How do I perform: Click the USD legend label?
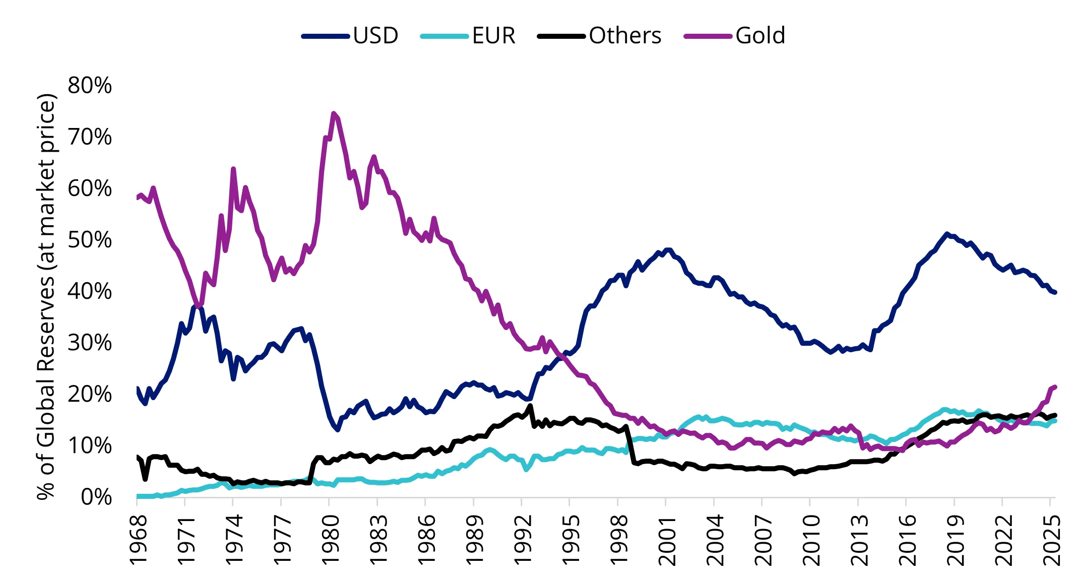click(x=375, y=36)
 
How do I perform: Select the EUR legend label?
click(x=494, y=36)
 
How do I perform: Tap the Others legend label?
click(x=625, y=36)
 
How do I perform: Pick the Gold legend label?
click(x=760, y=36)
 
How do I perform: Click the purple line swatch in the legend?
click(x=708, y=36)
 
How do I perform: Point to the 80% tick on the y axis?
click(x=90, y=86)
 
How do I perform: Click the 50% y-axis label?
click(x=90, y=240)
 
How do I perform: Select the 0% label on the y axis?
click(x=96, y=497)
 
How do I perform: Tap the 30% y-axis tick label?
click(x=90, y=343)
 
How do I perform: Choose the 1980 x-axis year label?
click(x=330, y=539)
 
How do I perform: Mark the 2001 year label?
click(x=666, y=539)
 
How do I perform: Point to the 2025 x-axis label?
click(x=1051, y=539)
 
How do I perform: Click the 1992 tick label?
click(x=522, y=539)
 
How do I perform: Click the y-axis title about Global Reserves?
click(x=46, y=296)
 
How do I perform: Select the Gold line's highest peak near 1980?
click(x=333, y=113)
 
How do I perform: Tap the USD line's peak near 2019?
click(x=947, y=234)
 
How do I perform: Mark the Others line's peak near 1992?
click(x=530, y=406)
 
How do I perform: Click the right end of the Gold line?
click(x=1055, y=386)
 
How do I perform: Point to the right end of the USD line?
click(x=1055, y=292)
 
